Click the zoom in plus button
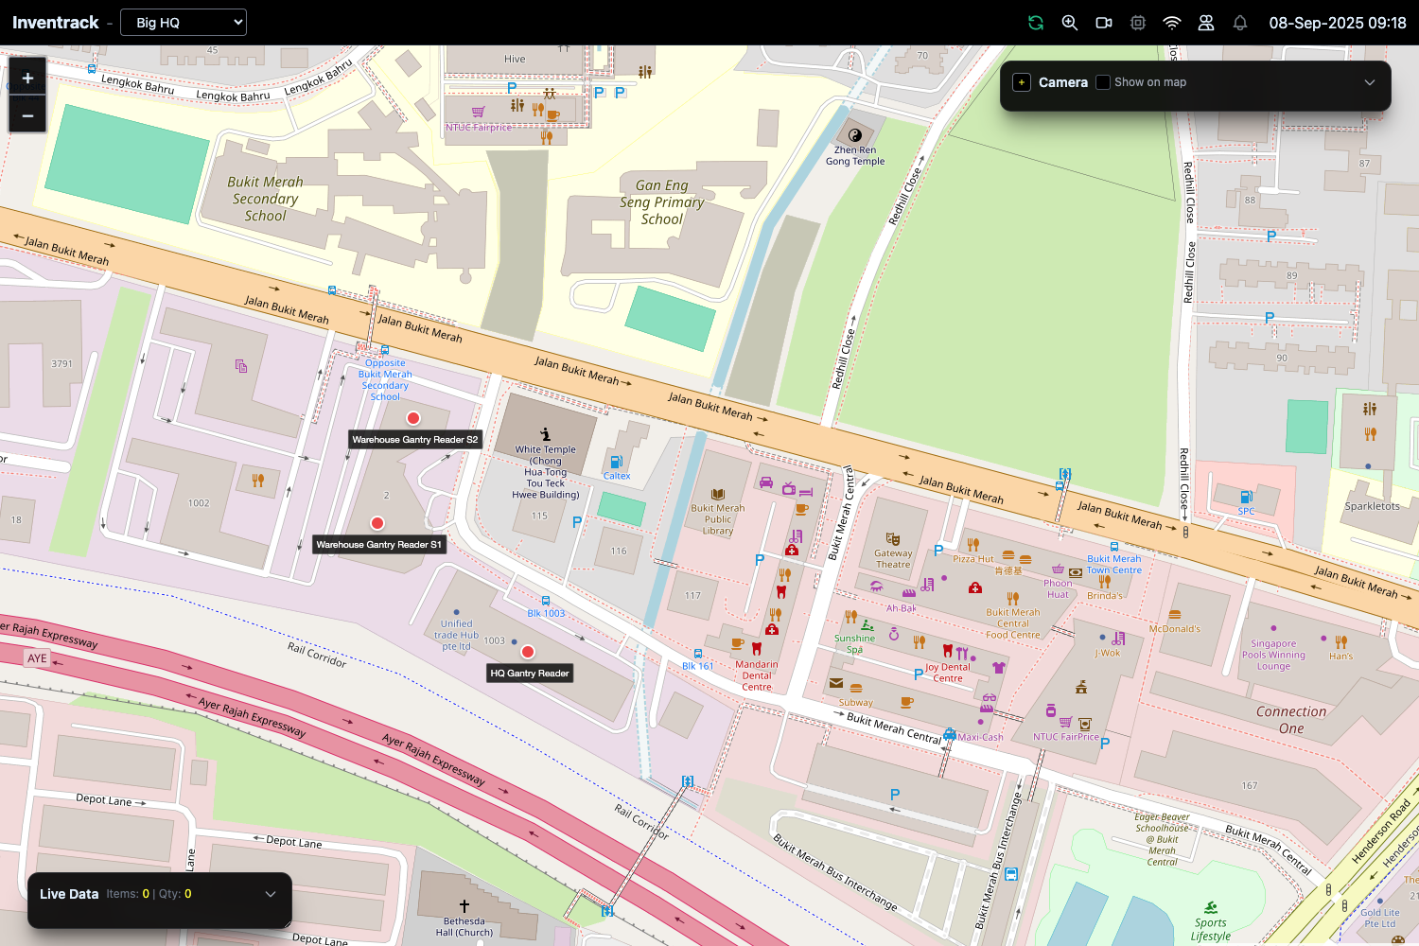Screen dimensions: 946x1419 click(x=27, y=79)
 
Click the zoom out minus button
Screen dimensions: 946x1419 click(x=27, y=115)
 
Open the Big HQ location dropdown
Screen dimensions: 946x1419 click(x=184, y=23)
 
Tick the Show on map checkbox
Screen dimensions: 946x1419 click(x=1103, y=82)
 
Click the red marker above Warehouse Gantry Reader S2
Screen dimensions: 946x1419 click(x=413, y=418)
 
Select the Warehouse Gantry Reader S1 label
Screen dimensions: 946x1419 click(x=378, y=545)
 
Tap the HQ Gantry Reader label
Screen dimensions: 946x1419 click(x=530, y=674)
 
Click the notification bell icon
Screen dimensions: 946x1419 click(x=1240, y=23)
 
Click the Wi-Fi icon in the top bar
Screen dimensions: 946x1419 click(x=1172, y=23)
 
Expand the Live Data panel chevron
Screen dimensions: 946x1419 click(x=271, y=894)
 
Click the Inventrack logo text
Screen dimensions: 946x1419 click(x=55, y=23)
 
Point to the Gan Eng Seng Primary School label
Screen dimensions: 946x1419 click(x=662, y=202)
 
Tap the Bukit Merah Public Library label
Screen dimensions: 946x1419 click(x=718, y=519)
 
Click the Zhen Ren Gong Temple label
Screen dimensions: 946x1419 click(x=855, y=156)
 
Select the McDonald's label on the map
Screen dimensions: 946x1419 click(x=1174, y=629)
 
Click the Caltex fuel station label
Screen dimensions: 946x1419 click(x=617, y=476)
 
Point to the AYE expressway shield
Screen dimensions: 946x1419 click(x=37, y=658)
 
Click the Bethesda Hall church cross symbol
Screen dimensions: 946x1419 click(x=464, y=906)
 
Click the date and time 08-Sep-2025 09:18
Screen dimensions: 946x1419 click(x=1337, y=23)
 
